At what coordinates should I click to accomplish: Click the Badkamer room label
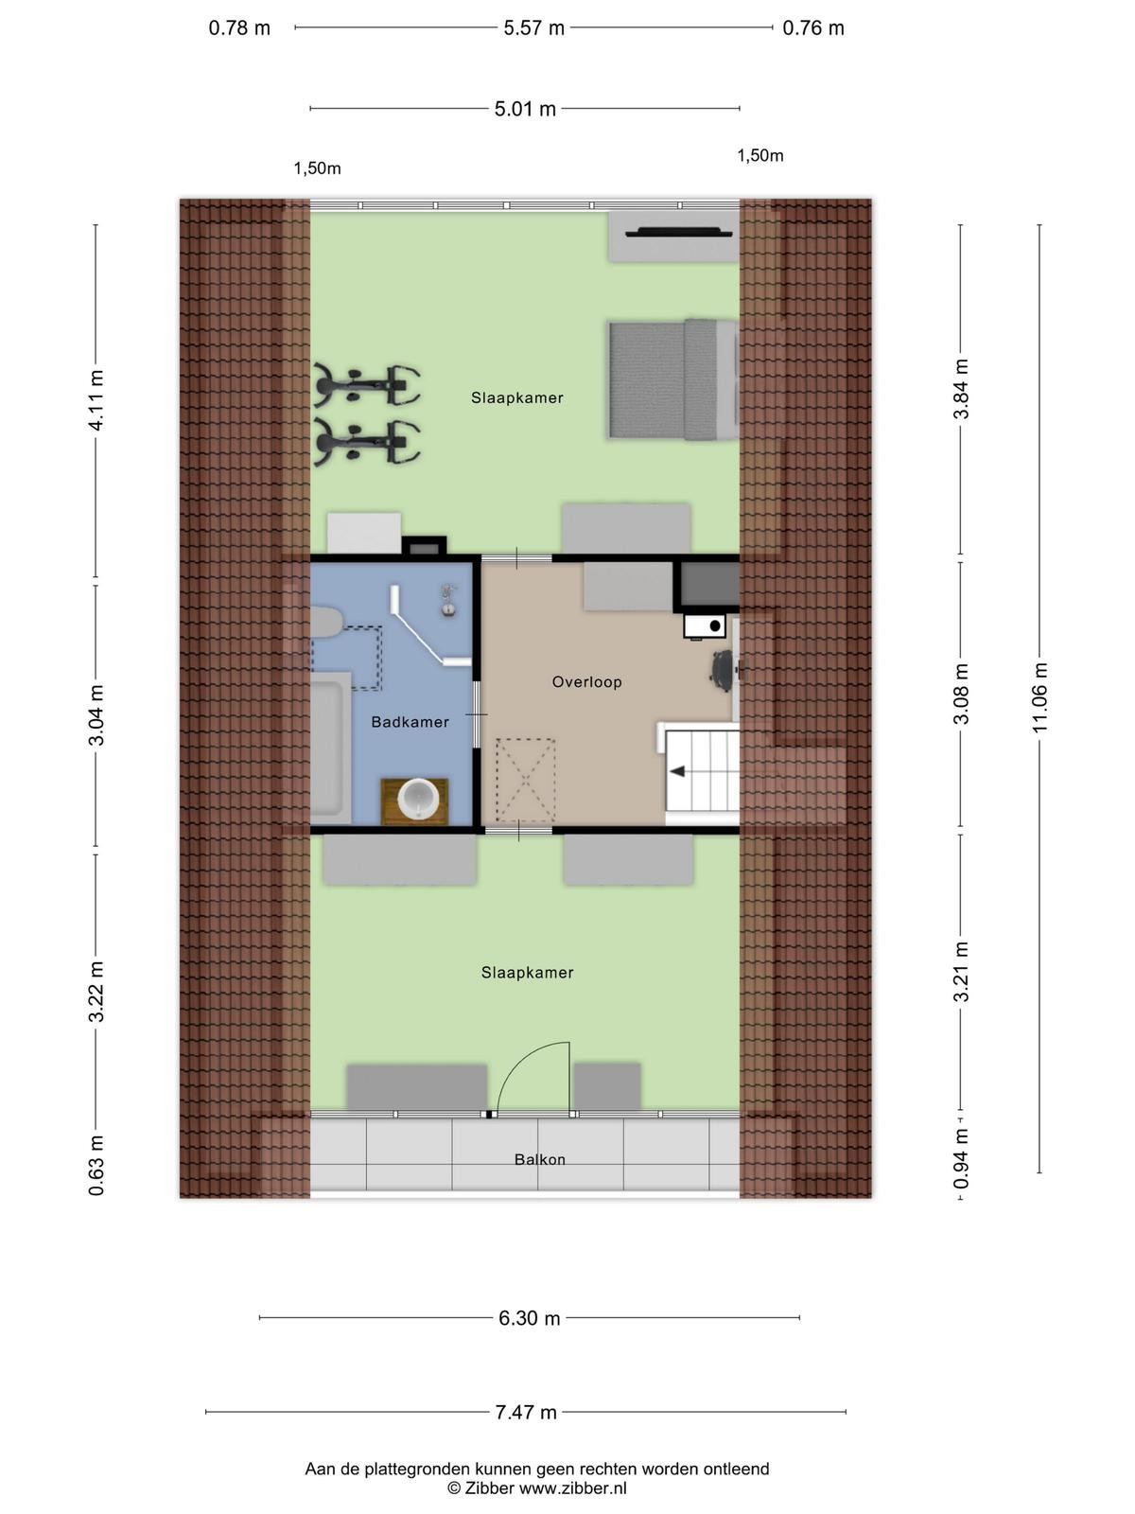tap(410, 721)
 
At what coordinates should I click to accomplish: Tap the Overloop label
tap(586, 681)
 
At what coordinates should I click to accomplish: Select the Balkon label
tap(539, 1159)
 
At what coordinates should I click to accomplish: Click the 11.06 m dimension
tap(1039, 698)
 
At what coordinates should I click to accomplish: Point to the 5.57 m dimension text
tap(533, 28)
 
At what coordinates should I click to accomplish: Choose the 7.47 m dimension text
tap(526, 1412)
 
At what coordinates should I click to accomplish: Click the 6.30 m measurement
tap(530, 1318)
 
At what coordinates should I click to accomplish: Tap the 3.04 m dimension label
tap(97, 715)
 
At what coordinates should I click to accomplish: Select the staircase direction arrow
tap(676, 771)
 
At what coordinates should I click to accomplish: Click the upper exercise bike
tap(367, 386)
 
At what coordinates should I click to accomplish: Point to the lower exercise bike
tap(367, 442)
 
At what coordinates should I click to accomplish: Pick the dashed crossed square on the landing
tap(526, 780)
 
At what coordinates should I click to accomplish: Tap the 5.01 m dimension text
tap(525, 109)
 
